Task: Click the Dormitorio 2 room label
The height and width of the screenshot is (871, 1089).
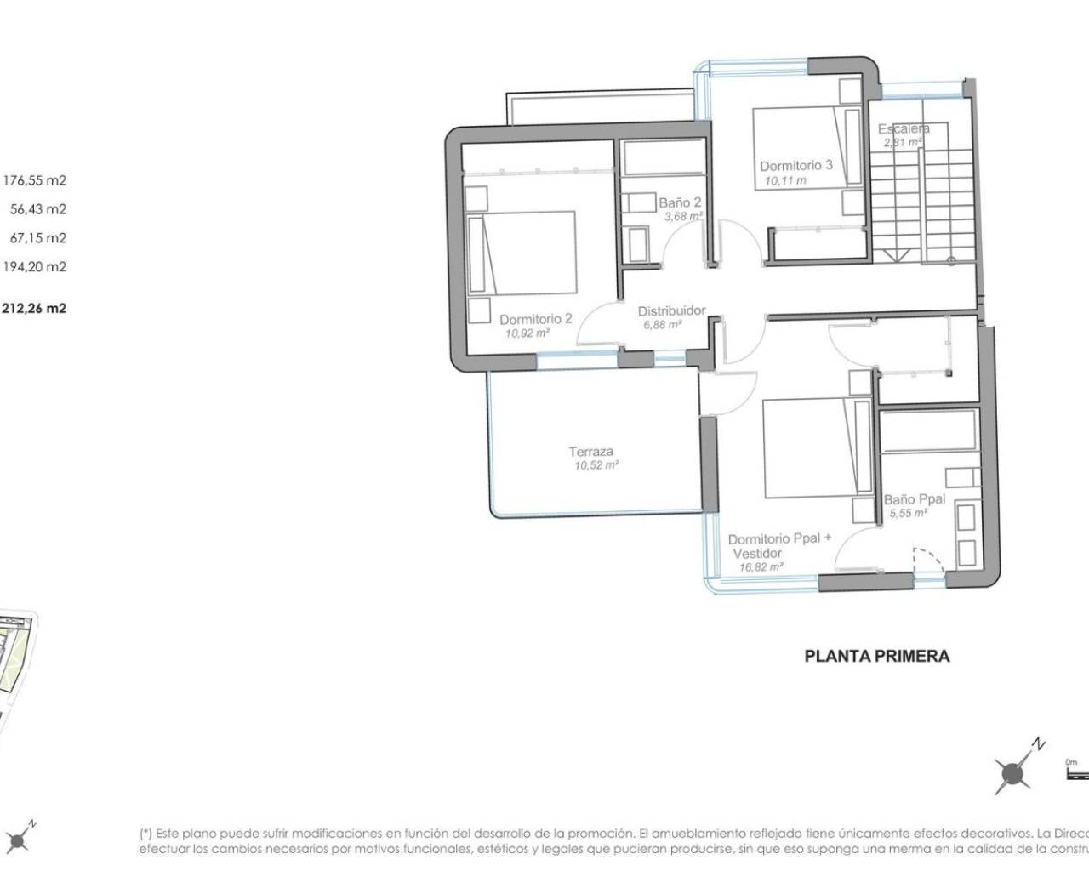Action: click(x=535, y=319)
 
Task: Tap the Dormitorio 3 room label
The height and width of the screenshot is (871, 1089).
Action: click(x=795, y=166)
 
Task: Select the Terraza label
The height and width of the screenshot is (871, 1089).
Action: click(x=590, y=452)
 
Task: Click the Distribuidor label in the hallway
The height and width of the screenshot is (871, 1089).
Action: click(x=671, y=310)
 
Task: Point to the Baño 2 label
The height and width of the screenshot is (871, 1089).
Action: click(x=680, y=202)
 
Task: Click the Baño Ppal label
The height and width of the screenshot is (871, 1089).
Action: click(x=914, y=499)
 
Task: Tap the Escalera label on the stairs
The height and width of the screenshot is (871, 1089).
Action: click(x=903, y=128)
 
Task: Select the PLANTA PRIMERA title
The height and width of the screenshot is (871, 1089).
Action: click(x=876, y=656)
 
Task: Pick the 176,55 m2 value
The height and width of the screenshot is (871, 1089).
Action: click(x=35, y=180)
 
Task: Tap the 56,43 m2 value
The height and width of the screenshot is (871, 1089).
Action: click(x=37, y=209)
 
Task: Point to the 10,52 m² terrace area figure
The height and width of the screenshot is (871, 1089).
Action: click(x=596, y=465)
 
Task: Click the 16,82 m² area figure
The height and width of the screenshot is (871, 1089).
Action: click(x=761, y=566)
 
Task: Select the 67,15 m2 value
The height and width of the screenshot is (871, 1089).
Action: click(x=37, y=238)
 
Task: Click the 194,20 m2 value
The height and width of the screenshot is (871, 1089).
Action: click(x=35, y=267)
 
